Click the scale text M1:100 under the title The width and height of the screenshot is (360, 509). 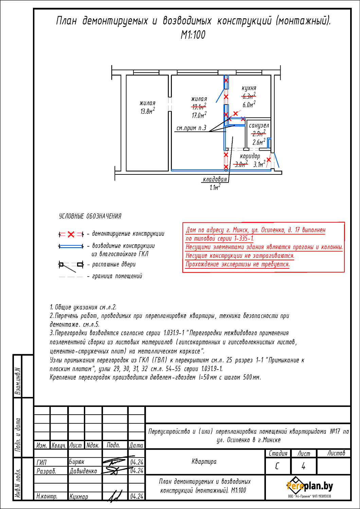click(x=193, y=35)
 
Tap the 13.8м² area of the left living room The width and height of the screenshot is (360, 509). click(x=147, y=111)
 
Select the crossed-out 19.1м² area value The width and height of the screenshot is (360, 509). click(x=199, y=107)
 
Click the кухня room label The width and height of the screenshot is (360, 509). click(x=249, y=88)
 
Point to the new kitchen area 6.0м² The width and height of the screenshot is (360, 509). click(x=249, y=105)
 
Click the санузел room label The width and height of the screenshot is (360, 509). click(x=259, y=126)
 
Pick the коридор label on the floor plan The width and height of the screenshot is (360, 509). click(x=250, y=156)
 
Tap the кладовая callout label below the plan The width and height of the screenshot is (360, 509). click(x=215, y=179)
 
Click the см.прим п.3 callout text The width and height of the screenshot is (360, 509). click(x=191, y=128)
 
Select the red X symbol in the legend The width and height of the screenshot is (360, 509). click(x=71, y=234)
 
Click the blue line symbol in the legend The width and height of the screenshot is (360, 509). click(x=71, y=246)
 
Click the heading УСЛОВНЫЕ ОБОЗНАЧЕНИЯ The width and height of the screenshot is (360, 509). click(x=90, y=216)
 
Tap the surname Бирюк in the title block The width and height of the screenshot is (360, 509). click(x=77, y=462)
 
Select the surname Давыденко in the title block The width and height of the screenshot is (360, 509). click(x=83, y=471)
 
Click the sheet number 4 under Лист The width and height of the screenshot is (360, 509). click(x=303, y=466)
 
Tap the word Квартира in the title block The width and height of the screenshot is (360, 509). click(x=204, y=461)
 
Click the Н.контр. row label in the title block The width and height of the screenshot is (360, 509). click(x=47, y=496)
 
